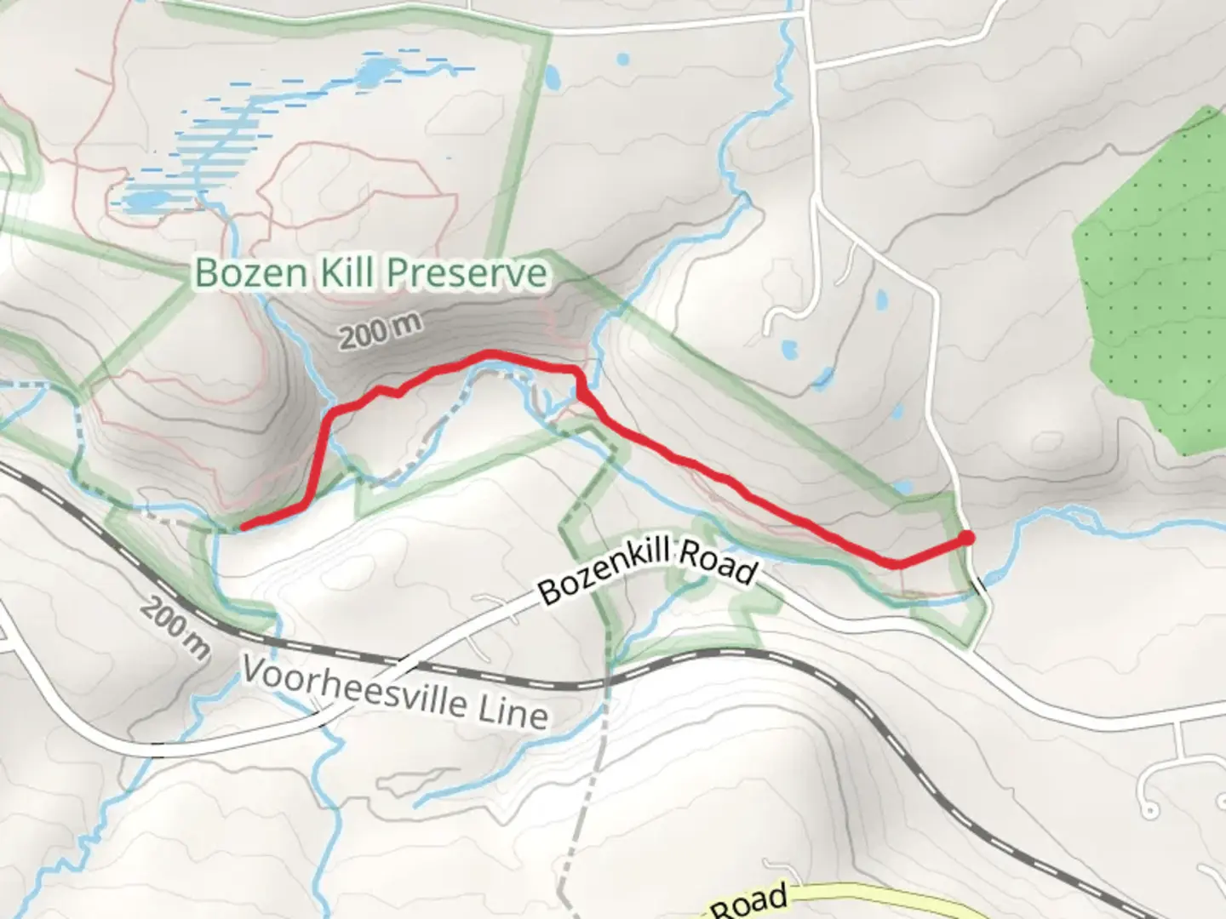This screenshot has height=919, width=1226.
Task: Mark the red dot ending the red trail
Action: pyautogui.click(x=966, y=537)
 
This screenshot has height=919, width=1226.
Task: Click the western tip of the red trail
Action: pyautogui.click(x=243, y=527)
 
